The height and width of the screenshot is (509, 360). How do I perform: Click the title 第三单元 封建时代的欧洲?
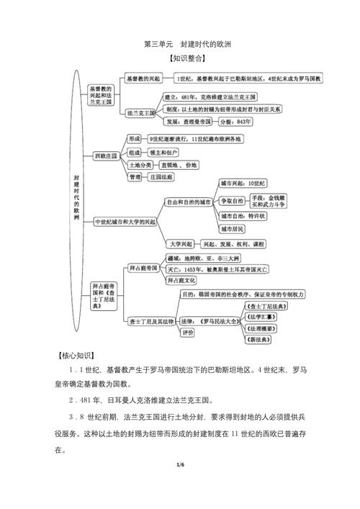(x=179, y=44)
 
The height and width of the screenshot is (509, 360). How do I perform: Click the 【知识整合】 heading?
(x=179, y=59)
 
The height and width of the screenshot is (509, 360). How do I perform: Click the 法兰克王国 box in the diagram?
(x=140, y=113)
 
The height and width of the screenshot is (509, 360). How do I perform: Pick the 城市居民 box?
(x=232, y=229)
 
